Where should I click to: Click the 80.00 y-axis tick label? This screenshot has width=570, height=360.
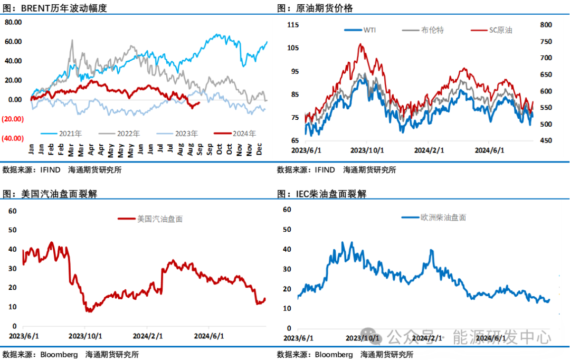(x=12, y=22)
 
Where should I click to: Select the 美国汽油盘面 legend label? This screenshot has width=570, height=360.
(x=159, y=219)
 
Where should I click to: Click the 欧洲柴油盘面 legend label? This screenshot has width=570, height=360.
(x=443, y=217)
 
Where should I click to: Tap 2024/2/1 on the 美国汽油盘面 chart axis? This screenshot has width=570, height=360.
(x=147, y=336)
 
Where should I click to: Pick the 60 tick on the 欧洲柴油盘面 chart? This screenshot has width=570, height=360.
(x=288, y=210)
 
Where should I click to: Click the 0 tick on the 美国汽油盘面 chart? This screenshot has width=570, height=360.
(x=15, y=327)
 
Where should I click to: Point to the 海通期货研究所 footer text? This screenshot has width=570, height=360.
(x=386, y=355)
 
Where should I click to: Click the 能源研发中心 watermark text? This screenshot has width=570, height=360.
(x=501, y=337)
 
